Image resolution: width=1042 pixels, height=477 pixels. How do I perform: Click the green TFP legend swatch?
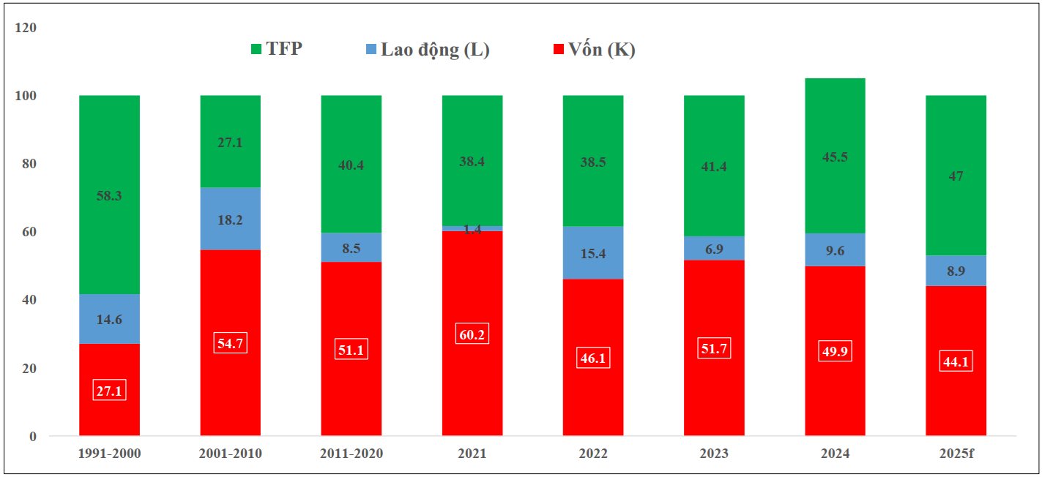(256, 50)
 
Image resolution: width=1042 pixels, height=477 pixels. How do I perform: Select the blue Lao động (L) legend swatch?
(371, 50)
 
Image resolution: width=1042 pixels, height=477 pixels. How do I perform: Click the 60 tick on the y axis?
(29, 232)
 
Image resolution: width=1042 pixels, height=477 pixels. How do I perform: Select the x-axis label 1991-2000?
(109, 454)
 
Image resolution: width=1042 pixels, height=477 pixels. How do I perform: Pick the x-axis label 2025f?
(956, 454)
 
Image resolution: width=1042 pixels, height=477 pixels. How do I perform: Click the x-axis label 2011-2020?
(351, 454)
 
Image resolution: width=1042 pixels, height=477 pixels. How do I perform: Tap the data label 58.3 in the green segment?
(109, 195)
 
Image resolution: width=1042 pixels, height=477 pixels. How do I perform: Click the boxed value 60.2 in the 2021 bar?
(472, 334)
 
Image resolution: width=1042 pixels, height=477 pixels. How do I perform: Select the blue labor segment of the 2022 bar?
(593, 252)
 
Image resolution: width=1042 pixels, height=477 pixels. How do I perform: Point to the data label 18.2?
(231, 219)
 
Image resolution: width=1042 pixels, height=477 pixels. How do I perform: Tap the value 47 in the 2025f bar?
(956, 176)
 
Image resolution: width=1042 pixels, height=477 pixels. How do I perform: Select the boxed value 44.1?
(956, 361)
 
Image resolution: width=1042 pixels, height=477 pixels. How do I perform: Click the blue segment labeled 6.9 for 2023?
(714, 249)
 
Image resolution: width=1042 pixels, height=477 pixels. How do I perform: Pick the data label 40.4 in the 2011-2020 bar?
(351, 165)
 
